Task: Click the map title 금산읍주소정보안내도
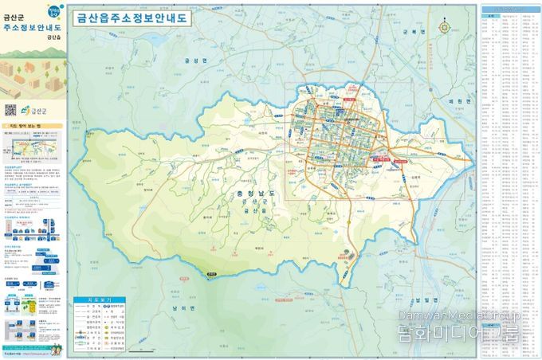click(132, 18)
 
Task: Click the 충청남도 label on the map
click(261, 194)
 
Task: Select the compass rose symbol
click(456, 25)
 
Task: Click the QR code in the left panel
click(10, 111)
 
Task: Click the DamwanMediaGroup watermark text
click(488, 316)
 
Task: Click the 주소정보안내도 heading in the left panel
click(32, 26)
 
